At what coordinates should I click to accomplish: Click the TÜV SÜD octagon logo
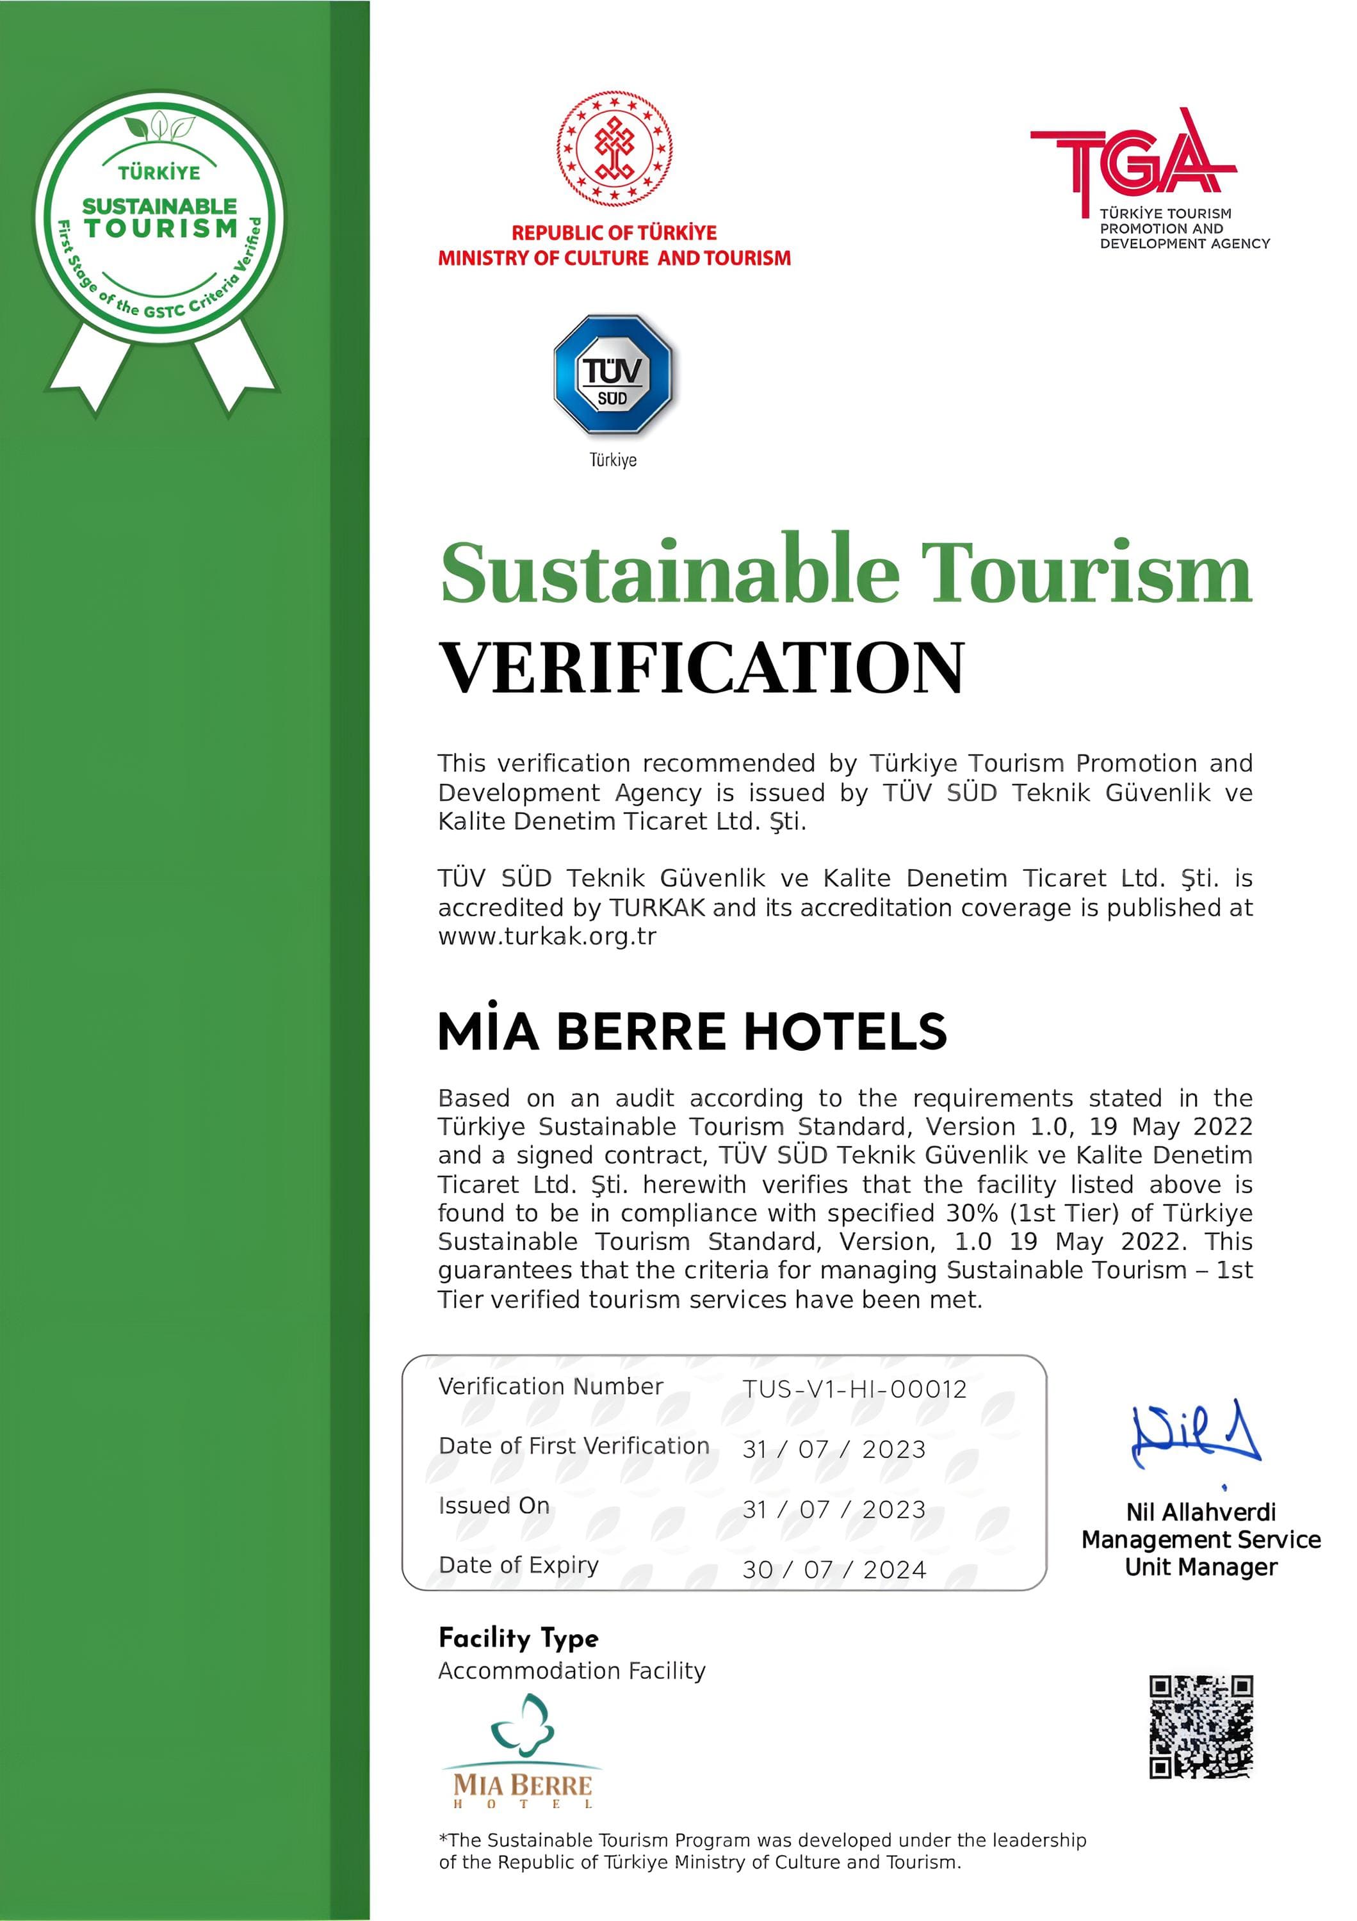click(612, 374)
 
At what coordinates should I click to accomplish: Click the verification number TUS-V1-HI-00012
click(854, 1389)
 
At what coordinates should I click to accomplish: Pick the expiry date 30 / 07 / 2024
click(834, 1569)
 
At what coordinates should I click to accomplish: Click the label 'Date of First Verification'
click(573, 1446)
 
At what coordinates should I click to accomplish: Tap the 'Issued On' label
click(494, 1505)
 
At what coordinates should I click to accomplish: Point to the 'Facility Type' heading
click(519, 1637)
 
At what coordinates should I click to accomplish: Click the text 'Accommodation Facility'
click(571, 1671)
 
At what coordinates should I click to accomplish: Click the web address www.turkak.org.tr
click(547, 936)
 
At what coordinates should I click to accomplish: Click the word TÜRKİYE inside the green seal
click(159, 173)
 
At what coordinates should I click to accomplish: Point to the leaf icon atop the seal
click(159, 128)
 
